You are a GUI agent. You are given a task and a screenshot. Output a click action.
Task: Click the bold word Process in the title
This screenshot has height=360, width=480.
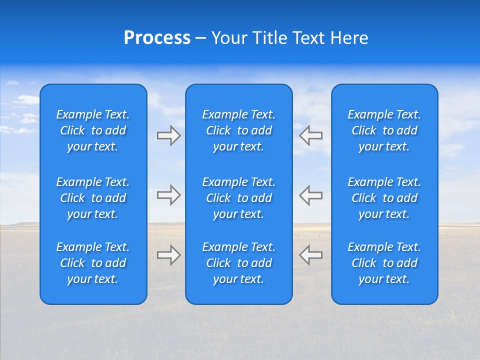[x=157, y=38]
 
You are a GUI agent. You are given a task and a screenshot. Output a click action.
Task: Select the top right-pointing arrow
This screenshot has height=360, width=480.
[x=169, y=135]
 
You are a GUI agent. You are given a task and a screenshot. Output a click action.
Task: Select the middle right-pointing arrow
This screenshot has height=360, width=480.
[x=169, y=195]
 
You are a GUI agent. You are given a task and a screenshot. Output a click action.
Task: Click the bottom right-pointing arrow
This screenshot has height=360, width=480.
[x=169, y=255]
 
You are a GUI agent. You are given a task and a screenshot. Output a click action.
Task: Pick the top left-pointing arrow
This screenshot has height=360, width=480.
[x=310, y=135]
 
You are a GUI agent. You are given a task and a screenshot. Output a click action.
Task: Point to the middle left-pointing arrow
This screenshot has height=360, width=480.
[x=310, y=195]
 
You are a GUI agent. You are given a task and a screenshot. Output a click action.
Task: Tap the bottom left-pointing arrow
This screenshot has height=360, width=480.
[x=310, y=255]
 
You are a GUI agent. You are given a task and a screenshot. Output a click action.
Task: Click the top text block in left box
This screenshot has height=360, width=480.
[x=93, y=130]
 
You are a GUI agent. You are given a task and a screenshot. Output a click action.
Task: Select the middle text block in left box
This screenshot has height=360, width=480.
[x=93, y=198]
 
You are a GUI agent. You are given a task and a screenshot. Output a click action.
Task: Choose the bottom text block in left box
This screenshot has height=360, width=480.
[x=93, y=263]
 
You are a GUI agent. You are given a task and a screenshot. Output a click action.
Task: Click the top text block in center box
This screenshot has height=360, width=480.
[x=239, y=130]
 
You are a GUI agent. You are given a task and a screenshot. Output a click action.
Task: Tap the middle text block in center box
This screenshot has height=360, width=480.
[x=239, y=198]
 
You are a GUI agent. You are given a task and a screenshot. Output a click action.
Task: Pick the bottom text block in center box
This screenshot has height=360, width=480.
[x=239, y=263]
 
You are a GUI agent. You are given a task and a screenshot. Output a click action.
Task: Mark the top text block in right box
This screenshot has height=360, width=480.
[x=384, y=130]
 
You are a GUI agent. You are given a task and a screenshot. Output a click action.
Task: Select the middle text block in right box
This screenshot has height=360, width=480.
[x=384, y=198]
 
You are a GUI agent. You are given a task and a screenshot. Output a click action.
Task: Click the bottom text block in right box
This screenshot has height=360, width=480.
[x=384, y=263]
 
